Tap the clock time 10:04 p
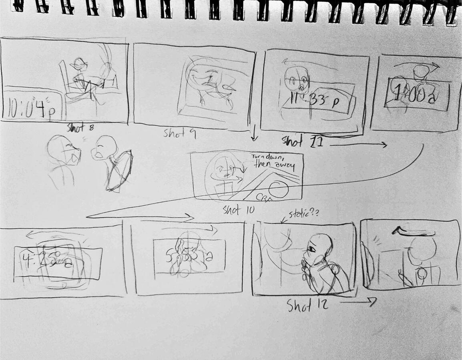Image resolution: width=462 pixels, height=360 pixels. [30, 109]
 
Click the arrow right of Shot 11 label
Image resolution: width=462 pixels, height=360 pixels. [358, 145]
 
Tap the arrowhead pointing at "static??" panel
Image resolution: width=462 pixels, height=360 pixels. [282, 221]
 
